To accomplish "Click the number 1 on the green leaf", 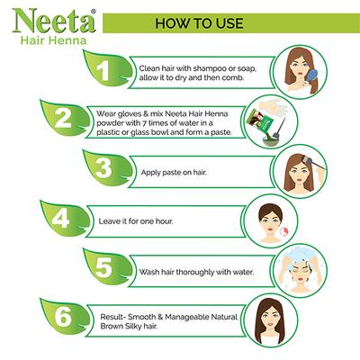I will tap(104, 70).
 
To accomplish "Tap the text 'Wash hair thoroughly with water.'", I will tap(195, 269).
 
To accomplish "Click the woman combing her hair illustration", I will tap(302, 71).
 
